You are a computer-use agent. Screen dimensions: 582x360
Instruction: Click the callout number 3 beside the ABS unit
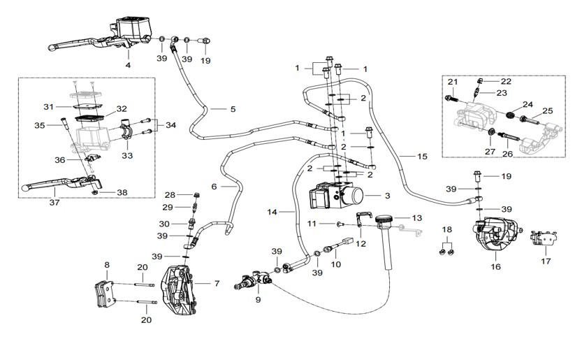(x=387, y=196)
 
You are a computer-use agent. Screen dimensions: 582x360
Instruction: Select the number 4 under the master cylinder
(x=128, y=65)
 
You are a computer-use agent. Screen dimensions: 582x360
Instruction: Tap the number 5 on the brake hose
(x=233, y=109)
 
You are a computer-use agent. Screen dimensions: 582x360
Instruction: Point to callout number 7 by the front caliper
(x=217, y=284)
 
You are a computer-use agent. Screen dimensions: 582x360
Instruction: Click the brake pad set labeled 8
(x=105, y=293)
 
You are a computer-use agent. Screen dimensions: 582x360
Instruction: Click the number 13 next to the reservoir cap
(x=417, y=218)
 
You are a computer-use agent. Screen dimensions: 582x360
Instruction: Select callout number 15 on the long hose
(x=422, y=157)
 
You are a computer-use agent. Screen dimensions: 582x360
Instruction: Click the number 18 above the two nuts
(x=447, y=229)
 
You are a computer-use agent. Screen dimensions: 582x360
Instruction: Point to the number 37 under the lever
(x=54, y=203)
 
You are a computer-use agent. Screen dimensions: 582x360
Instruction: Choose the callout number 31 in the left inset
(x=49, y=107)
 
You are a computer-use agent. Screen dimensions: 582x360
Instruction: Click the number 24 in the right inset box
(x=528, y=104)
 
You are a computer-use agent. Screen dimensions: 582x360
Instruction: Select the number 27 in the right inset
(x=490, y=152)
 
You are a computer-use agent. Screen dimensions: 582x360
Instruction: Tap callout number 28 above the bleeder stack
(x=170, y=194)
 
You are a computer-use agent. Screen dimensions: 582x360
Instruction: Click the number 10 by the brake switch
(x=335, y=264)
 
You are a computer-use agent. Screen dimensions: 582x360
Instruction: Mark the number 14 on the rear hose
(x=272, y=212)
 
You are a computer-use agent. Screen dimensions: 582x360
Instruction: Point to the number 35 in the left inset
(x=40, y=126)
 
